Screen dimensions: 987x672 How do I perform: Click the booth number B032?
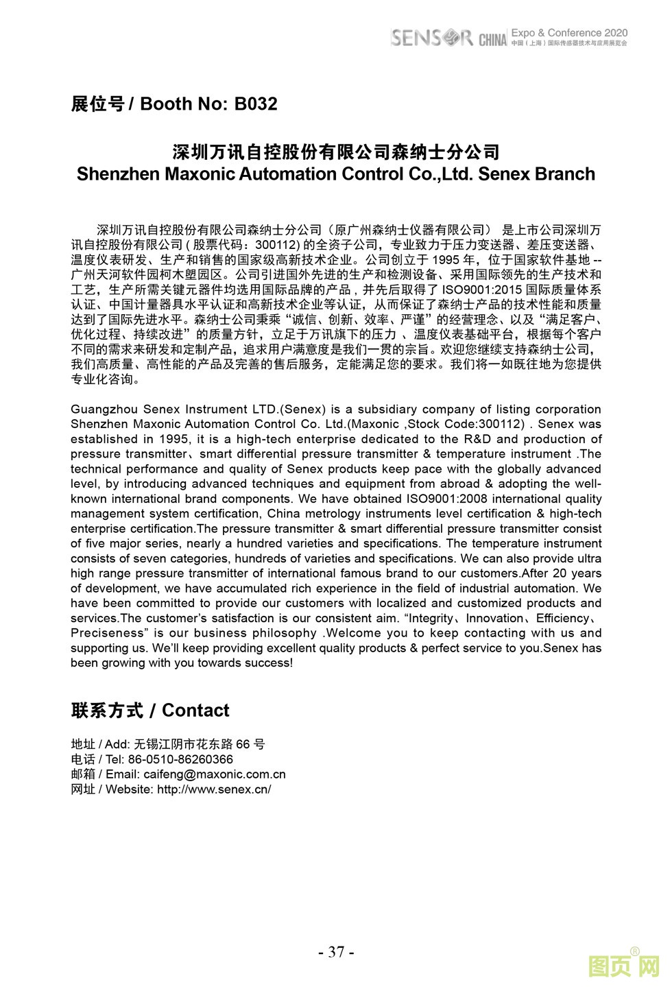pyautogui.click(x=256, y=104)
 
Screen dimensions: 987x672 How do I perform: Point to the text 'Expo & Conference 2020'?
pyautogui.click(x=569, y=32)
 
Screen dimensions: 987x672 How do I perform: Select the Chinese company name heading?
pyautogui.click(x=335, y=152)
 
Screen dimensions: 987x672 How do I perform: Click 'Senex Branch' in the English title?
pyautogui.click(x=536, y=174)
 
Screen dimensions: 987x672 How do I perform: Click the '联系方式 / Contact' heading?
pyautogui.click(x=150, y=711)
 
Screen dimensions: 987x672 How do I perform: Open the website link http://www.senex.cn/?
pyautogui.click(x=214, y=789)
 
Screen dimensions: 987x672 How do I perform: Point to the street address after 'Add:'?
pyautogui.click(x=200, y=744)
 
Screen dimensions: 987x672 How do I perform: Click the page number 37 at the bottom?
pyautogui.click(x=336, y=952)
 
